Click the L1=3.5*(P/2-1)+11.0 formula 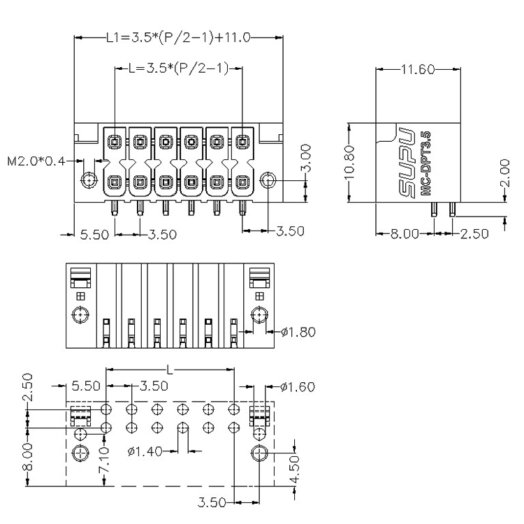point(178,38)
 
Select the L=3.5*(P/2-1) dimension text point(179,68)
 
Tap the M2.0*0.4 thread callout point(36,161)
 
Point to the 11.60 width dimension point(418,69)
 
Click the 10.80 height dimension point(349,162)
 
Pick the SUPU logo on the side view point(408,162)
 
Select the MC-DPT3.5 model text point(425,163)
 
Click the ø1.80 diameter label point(298,332)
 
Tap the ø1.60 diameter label point(298,387)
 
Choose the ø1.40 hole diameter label point(145,452)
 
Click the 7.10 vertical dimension point(104,460)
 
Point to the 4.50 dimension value point(295,470)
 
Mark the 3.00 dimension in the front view point(306,159)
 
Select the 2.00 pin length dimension point(505,173)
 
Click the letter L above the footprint point(170,370)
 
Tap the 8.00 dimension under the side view point(405,234)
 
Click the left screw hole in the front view point(89,180)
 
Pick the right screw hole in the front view point(268,180)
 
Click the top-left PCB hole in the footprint point(106,409)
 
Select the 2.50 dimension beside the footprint point(29,388)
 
